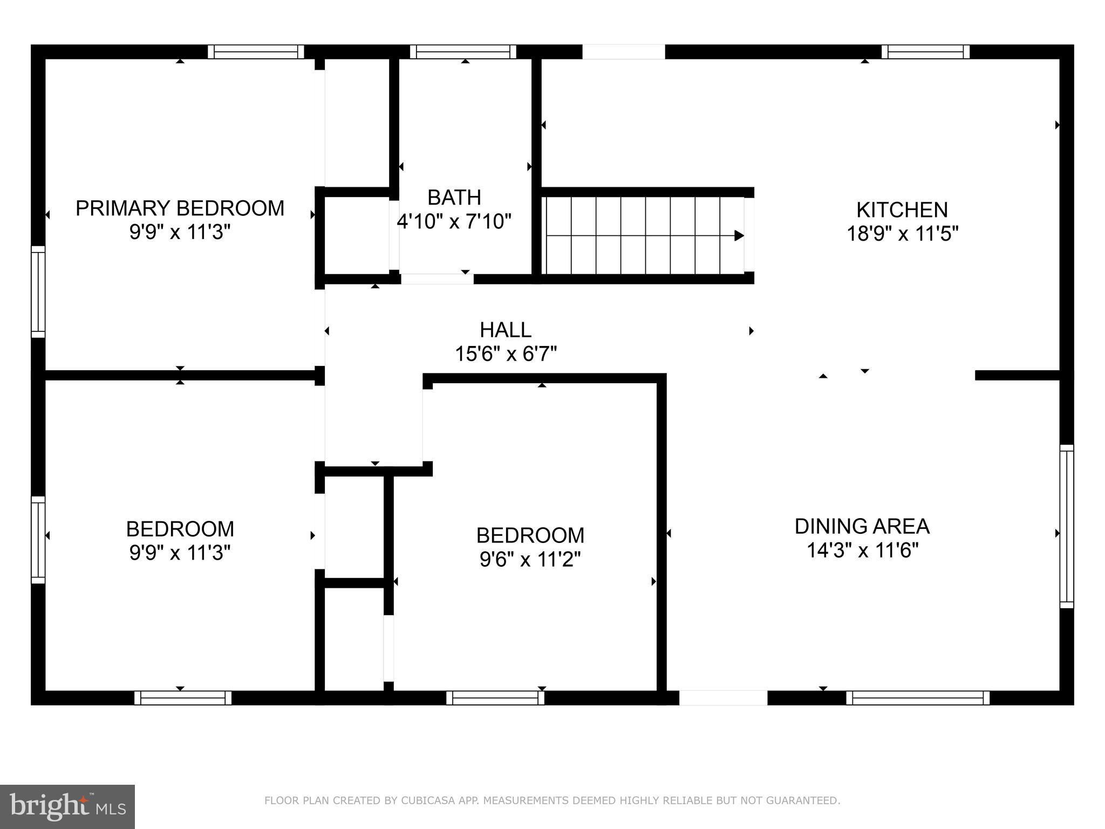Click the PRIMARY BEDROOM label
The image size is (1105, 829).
(180, 208)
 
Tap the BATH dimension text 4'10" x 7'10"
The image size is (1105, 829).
(454, 221)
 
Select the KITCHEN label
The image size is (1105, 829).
(902, 209)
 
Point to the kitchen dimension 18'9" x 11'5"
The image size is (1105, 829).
(902, 234)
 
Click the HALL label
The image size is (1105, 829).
(506, 330)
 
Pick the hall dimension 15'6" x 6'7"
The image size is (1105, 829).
(506, 354)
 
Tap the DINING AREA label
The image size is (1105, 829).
(862, 526)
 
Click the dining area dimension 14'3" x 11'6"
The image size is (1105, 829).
(862, 551)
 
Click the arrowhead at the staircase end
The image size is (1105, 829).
(739, 235)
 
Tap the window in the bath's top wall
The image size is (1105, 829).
(463, 52)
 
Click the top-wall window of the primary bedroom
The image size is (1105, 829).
(256, 52)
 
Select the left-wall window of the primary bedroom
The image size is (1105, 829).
(38, 291)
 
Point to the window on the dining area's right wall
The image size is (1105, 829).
(1066, 526)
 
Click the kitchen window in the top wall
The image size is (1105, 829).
(925, 52)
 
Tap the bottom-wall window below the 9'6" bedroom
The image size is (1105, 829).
(495, 698)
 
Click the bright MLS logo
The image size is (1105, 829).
(67, 806)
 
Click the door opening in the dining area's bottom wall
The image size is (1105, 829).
(723, 698)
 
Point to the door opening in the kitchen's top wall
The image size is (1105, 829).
(623, 52)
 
